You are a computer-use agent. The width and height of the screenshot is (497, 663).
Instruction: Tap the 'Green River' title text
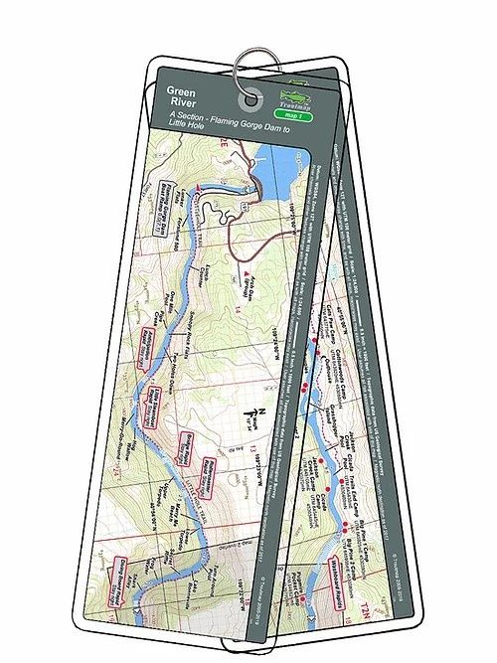[x=177, y=97]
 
